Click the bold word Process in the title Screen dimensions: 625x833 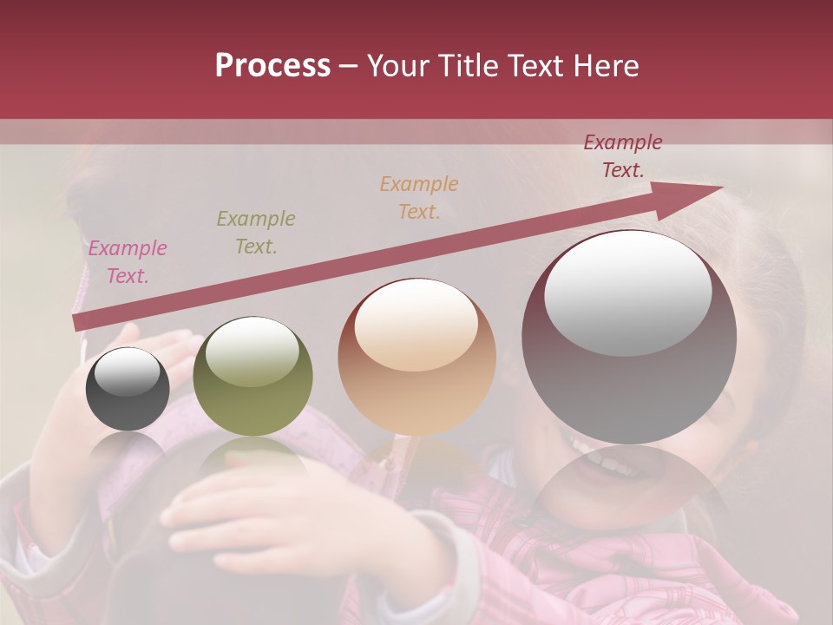(x=272, y=66)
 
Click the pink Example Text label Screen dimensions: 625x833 (x=128, y=262)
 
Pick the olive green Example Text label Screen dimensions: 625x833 (x=255, y=232)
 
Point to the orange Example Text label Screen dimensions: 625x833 (x=419, y=197)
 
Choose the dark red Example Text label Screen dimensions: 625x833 (x=622, y=156)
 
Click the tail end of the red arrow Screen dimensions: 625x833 (x=78, y=323)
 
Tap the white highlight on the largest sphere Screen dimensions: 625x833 (x=627, y=293)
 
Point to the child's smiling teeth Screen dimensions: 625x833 (x=613, y=464)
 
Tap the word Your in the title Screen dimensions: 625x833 (x=397, y=66)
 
